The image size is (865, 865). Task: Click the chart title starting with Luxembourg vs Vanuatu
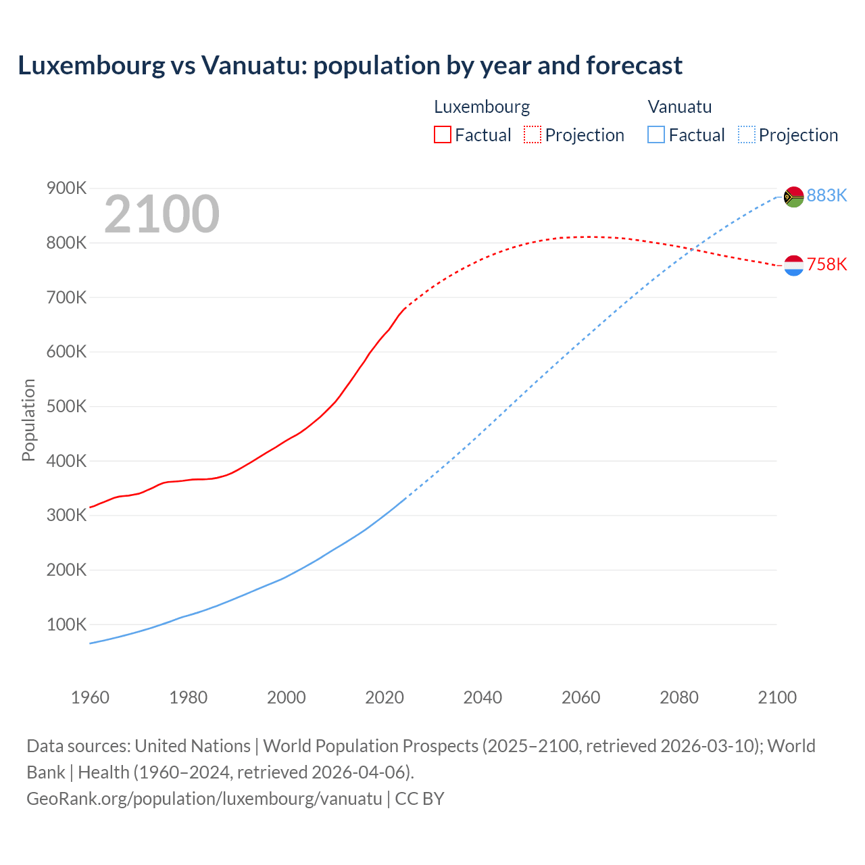click(x=350, y=66)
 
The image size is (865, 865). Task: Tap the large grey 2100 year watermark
click(x=162, y=214)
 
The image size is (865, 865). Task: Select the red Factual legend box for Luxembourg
click(x=443, y=135)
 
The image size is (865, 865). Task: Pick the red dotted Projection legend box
click(x=533, y=135)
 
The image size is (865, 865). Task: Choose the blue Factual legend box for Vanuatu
click(x=656, y=135)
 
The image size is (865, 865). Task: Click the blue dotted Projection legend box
click(x=746, y=135)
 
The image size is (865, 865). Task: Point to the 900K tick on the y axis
click(x=66, y=188)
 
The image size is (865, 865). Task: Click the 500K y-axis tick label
click(x=66, y=406)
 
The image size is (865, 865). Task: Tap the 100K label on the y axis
click(x=66, y=624)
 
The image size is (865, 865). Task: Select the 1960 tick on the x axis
click(x=90, y=697)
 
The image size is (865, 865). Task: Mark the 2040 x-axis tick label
click(x=483, y=697)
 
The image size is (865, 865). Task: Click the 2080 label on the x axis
click(x=679, y=697)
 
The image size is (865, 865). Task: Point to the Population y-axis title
click(x=28, y=420)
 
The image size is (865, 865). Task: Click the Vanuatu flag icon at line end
click(x=793, y=197)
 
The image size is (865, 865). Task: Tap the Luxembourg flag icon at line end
click(x=793, y=266)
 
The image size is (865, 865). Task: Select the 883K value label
click(x=826, y=195)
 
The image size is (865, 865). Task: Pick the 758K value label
click(x=826, y=264)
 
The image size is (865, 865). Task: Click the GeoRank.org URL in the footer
click(x=204, y=798)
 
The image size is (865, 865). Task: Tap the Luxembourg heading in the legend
click(x=482, y=107)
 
